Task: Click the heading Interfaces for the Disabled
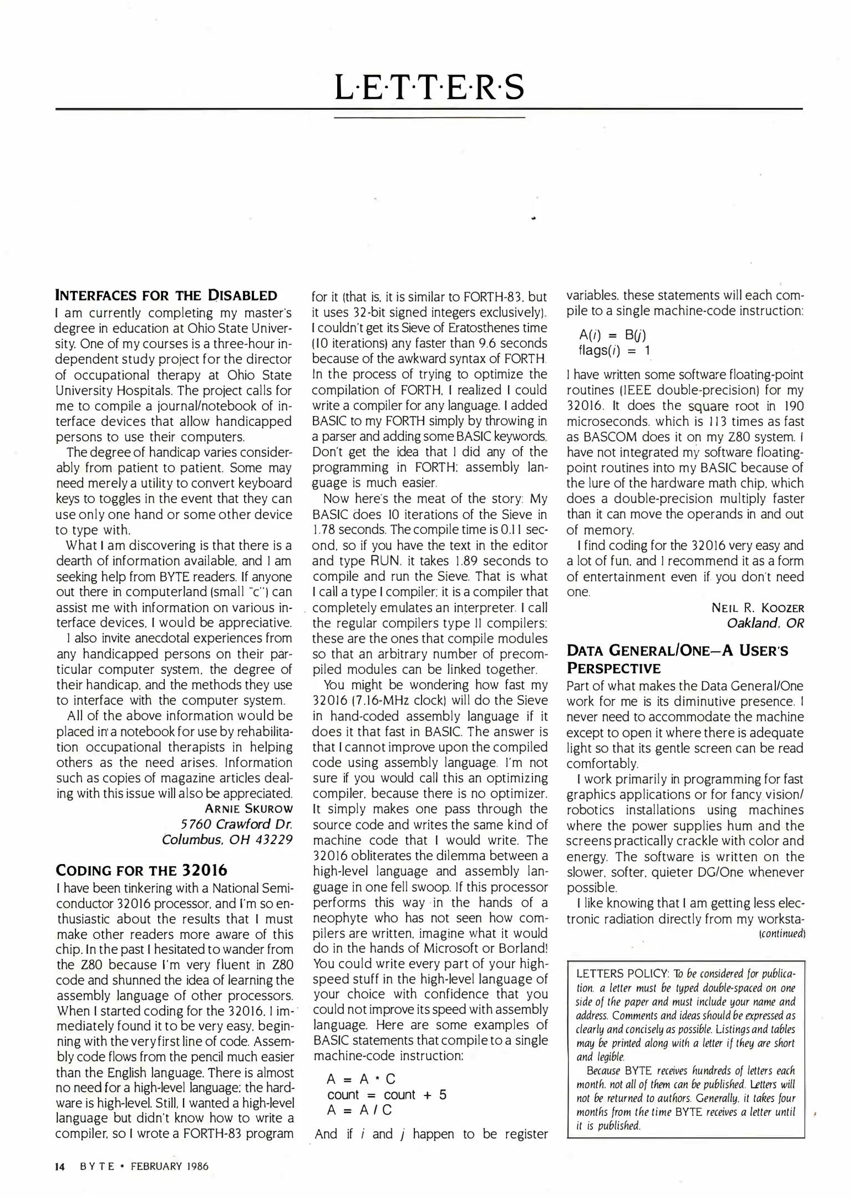click(166, 295)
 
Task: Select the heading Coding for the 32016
click(141, 870)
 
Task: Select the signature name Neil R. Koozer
click(758, 607)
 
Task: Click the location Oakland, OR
click(765, 623)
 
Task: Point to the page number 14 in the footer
click(60, 1166)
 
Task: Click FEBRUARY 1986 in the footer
click(169, 1166)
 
